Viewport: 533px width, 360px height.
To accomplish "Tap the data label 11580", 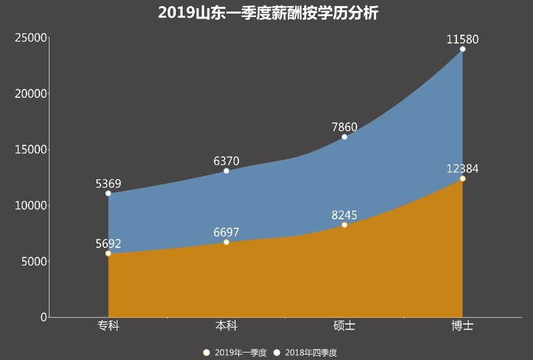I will (x=462, y=39).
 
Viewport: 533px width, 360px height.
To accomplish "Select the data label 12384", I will (x=462, y=168).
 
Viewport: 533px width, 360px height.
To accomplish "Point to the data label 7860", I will (x=344, y=127).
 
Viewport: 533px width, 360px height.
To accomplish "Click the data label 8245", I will (x=344, y=215).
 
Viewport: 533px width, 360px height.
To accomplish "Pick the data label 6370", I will (x=226, y=161).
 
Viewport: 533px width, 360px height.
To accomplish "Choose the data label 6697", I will (x=226, y=232).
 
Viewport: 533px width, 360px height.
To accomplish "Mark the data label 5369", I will (x=108, y=183).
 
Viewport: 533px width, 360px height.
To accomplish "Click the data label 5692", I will (x=108, y=243).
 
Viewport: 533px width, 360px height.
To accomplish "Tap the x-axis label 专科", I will (x=108, y=327).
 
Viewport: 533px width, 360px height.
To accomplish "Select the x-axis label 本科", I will (x=226, y=327).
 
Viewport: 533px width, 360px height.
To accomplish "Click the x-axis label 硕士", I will (x=344, y=327).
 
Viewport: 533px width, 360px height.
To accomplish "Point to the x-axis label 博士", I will (x=462, y=327).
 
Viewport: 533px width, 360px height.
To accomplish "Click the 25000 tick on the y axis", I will (x=31, y=38).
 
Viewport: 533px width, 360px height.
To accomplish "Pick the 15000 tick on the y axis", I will (x=31, y=149).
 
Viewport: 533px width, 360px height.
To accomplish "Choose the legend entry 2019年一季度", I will (x=235, y=353).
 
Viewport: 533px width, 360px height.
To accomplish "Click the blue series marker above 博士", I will (x=462, y=49).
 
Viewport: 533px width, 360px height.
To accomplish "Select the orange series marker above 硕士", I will (x=344, y=225).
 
